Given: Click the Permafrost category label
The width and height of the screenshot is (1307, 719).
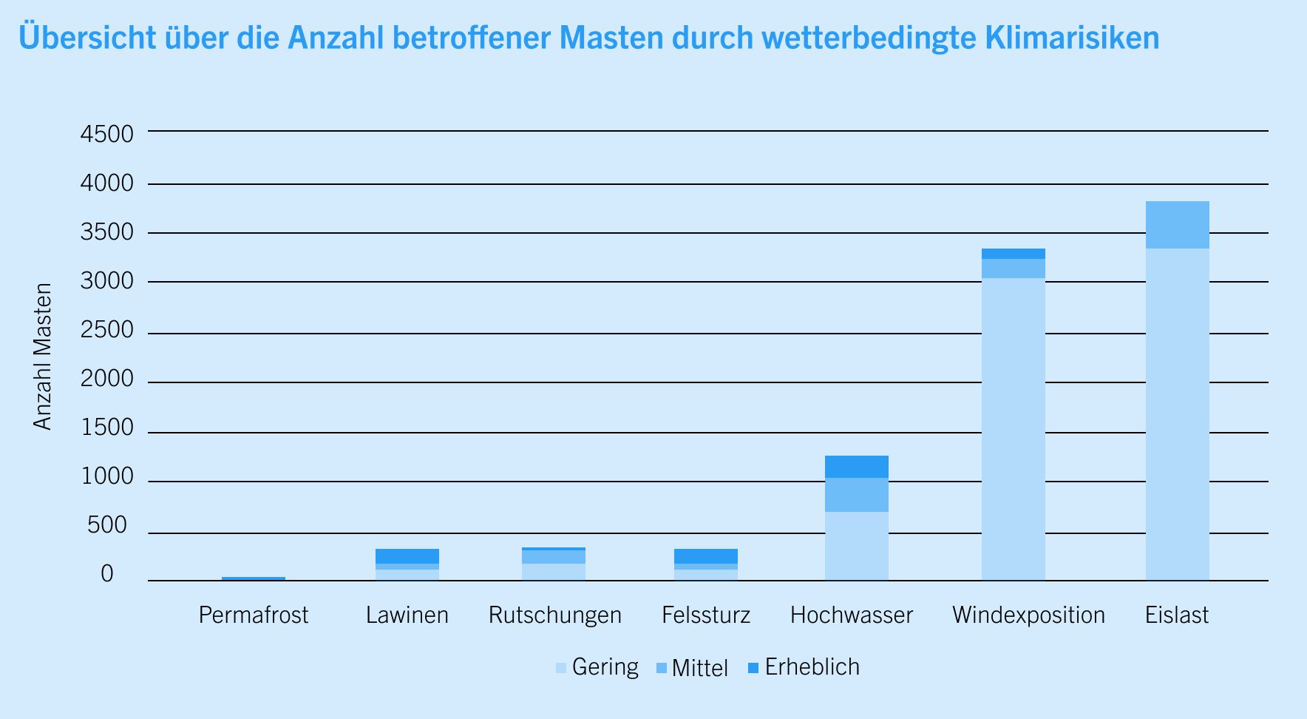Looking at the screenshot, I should pos(254,615).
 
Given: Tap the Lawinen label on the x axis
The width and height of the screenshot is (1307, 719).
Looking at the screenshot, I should pos(407,615).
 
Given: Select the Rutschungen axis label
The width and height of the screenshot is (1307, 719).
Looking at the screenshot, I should pos(554,615).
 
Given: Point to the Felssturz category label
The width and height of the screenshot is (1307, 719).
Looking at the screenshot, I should pos(705,615).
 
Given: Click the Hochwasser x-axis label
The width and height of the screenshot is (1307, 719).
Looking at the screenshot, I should pos(852,615).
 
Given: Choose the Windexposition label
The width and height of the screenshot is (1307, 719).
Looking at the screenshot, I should pos(1028,615).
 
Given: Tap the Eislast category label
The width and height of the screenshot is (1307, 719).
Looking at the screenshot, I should pos(1177,615).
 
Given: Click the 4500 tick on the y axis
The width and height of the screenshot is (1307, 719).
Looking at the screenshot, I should pos(107,135).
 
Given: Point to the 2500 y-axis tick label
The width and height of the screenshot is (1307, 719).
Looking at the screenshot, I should pos(107,330).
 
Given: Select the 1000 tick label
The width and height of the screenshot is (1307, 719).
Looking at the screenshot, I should pos(107,476).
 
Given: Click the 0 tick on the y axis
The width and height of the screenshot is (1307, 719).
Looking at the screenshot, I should pos(107,574).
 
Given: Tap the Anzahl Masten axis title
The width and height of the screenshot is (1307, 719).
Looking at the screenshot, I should pos(43,357).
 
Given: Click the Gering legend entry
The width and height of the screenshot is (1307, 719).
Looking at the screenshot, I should pos(597,667).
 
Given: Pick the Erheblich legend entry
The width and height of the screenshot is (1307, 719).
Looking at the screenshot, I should pos(804,667).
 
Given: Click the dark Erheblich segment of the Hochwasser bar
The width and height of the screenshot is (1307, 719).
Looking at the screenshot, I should pos(856,467).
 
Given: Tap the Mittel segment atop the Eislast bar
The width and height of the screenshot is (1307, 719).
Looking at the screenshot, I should pos(1177,225).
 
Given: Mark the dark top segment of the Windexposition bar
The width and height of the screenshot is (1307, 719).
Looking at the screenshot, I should pos(1013,254).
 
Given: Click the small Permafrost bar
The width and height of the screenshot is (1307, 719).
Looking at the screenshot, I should pos(254,578).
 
